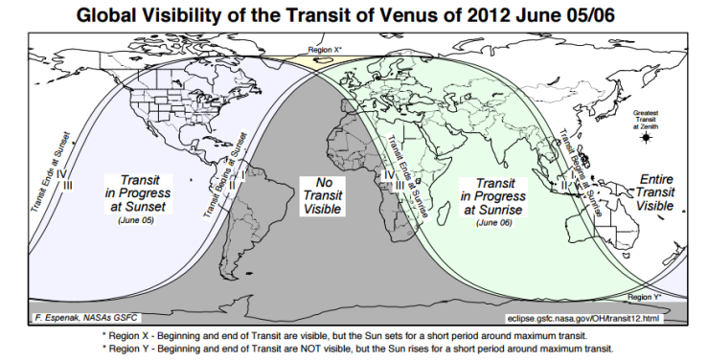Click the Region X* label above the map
point(328,47)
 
